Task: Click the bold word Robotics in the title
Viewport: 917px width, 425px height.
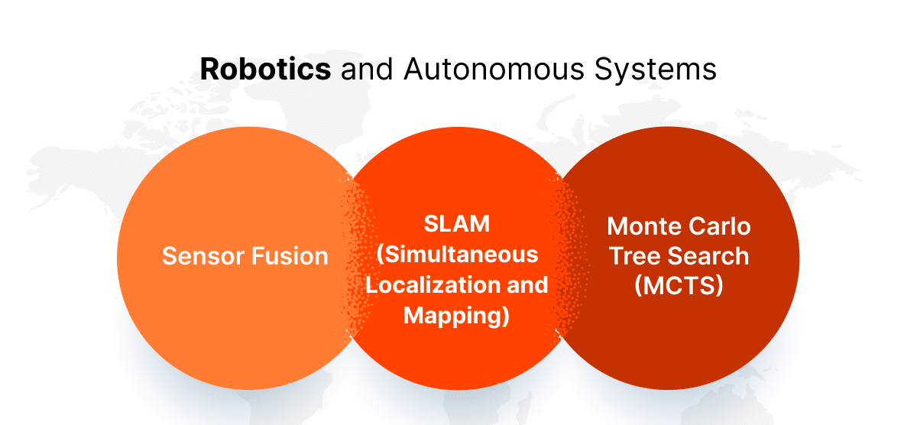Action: click(x=265, y=69)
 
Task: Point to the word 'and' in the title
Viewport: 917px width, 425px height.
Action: click(x=365, y=69)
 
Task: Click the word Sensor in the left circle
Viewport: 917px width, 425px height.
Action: click(x=201, y=256)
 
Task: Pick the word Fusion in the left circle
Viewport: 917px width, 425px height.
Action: click(x=290, y=256)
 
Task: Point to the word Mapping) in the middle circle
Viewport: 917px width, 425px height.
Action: click(x=456, y=314)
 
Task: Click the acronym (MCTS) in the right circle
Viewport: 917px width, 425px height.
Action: click(x=679, y=287)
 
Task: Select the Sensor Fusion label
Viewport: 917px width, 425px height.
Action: click(x=245, y=256)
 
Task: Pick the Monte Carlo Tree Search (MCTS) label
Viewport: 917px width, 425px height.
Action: click(x=679, y=256)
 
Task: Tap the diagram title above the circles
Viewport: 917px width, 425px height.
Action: click(x=458, y=69)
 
